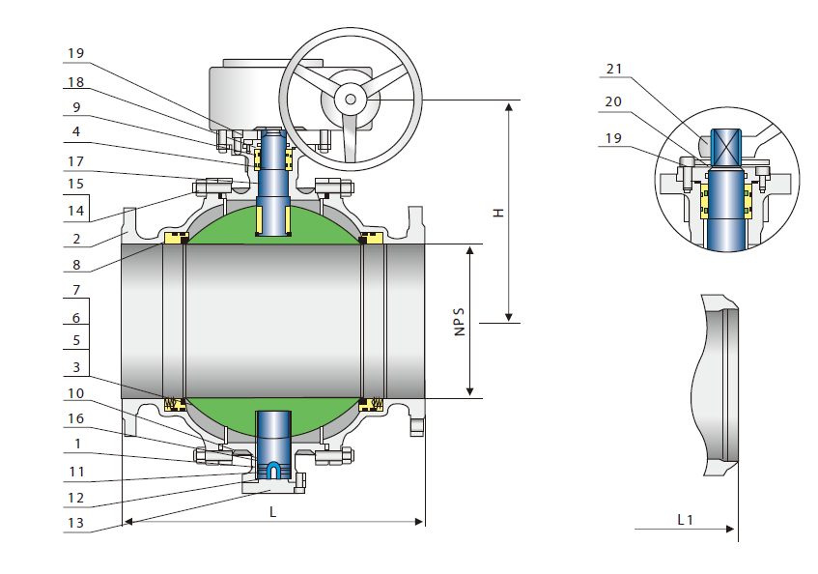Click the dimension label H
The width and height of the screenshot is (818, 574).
tap(498, 212)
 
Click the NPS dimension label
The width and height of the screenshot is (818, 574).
tap(460, 322)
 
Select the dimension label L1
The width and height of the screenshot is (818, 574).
tap(685, 520)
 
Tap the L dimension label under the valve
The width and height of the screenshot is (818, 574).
tap(273, 513)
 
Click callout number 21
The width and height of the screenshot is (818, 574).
tap(614, 69)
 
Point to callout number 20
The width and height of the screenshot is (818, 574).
tap(614, 100)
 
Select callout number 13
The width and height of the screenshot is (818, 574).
tap(76, 523)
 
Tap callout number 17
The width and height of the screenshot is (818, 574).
tap(76, 160)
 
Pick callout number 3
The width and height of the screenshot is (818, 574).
tap(76, 367)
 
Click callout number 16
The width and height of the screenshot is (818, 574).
tap(76, 418)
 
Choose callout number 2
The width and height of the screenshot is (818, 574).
tap(76, 237)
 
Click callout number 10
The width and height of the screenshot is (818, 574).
tap(76, 393)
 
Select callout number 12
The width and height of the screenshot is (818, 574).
tap(76, 498)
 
